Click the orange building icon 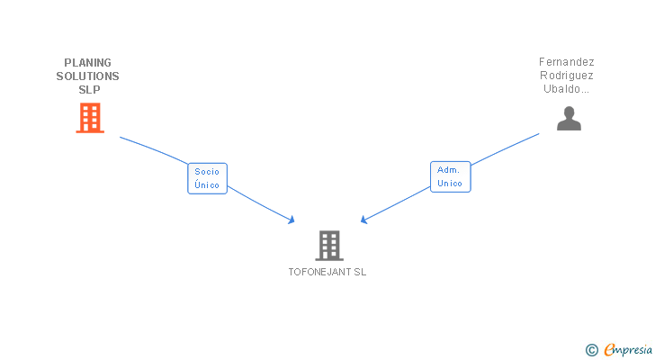click(x=90, y=118)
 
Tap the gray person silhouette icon click(x=569, y=119)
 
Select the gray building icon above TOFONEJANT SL click(x=329, y=245)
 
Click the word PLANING click(x=88, y=63)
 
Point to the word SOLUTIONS click(x=88, y=76)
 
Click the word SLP click(x=88, y=90)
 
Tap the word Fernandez click(x=567, y=62)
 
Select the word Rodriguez click(x=567, y=76)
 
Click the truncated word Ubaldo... click(x=566, y=89)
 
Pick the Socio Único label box click(x=207, y=178)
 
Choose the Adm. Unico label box click(x=450, y=176)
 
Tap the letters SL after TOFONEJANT click(x=360, y=272)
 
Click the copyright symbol click(x=592, y=350)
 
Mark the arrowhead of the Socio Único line click(x=292, y=220)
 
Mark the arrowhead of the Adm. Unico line click(x=363, y=220)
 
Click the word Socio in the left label click(x=207, y=171)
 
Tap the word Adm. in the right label click(x=448, y=169)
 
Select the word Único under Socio click(x=207, y=185)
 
